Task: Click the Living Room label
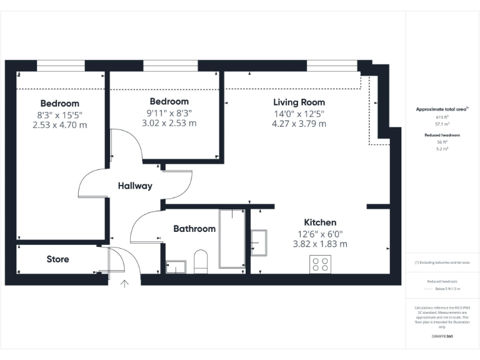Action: (299, 102)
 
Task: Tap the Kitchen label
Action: (320, 222)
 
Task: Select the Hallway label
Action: (135, 186)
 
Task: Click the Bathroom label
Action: (194, 229)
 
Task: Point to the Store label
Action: (58, 259)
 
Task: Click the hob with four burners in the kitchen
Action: (321, 264)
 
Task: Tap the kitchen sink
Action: (259, 242)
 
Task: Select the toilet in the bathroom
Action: (201, 262)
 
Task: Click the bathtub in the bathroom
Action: (232, 239)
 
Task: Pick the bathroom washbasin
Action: (176, 267)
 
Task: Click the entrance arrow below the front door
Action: (124, 284)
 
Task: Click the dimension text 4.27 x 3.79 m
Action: (299, 124)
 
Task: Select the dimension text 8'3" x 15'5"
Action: (59, 114)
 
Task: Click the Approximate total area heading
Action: (442, 109)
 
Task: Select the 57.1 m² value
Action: (442, 124)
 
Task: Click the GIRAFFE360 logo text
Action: (442, 336)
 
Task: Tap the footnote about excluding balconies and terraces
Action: (442, 262)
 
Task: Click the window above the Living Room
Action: (332, 65)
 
